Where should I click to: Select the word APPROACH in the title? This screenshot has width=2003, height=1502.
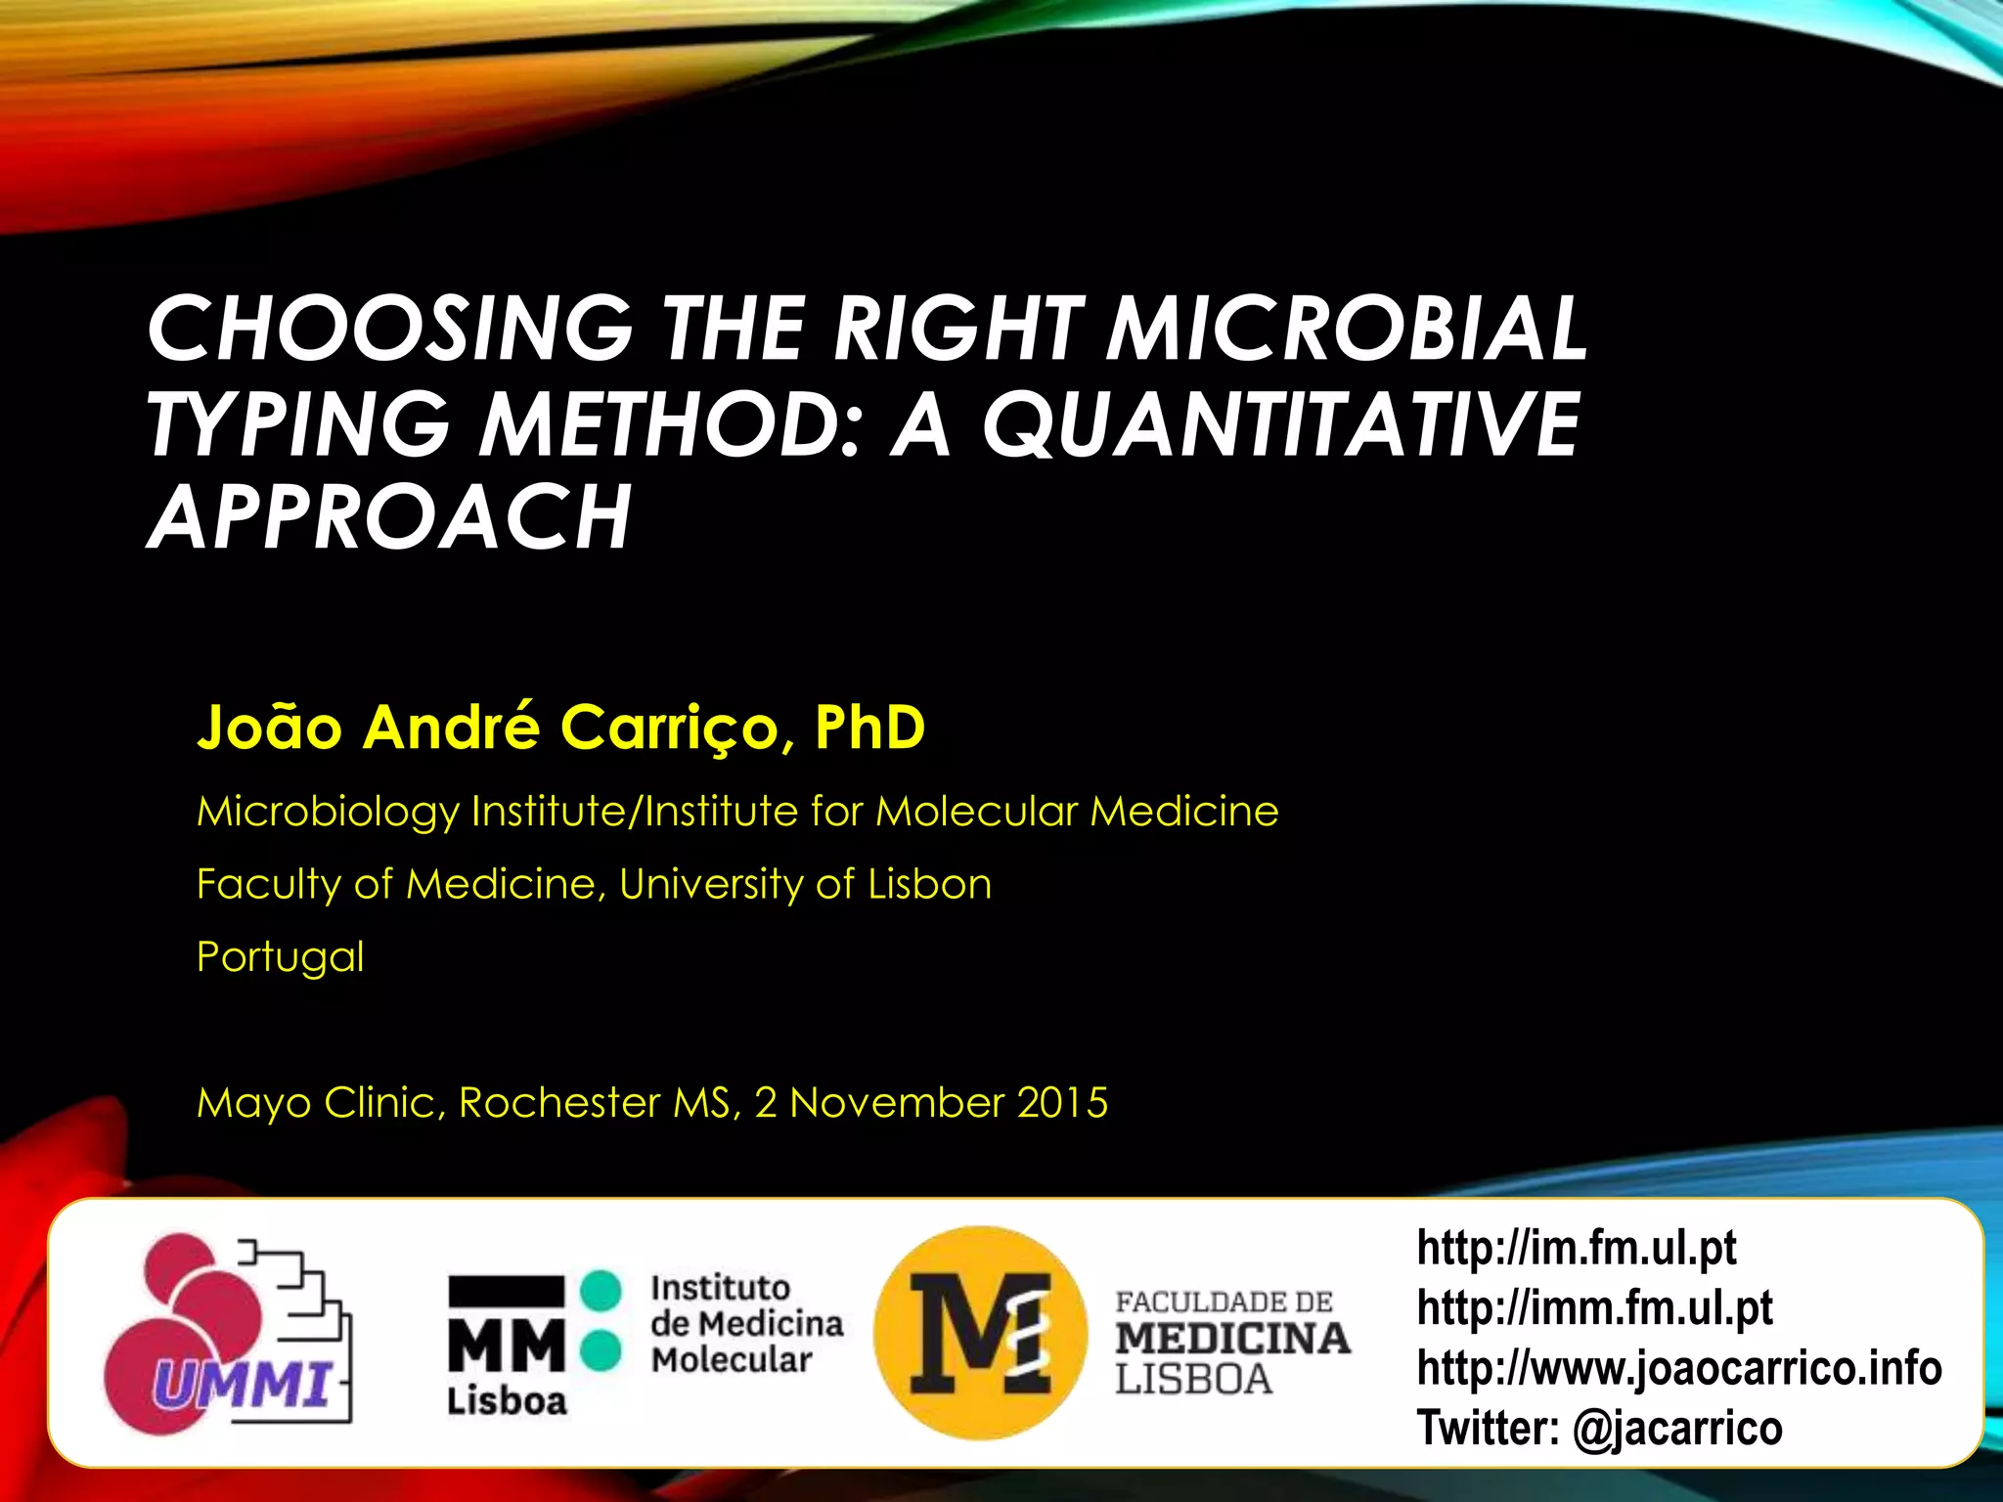tap(389, 517)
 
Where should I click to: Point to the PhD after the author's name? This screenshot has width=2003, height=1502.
tap(868, 727)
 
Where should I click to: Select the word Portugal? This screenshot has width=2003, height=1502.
tap(280, 957)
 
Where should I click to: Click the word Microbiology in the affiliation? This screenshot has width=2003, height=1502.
tap(327, 812)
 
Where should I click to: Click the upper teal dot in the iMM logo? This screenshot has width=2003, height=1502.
tap(601, 1290)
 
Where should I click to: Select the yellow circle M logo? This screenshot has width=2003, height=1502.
tap(980, 1333)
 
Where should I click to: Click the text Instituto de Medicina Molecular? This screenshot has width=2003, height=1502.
tap(745, 1324)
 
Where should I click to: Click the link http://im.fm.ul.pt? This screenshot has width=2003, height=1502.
tap(1576, 1249)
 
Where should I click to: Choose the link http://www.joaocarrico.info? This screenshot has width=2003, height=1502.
tap(1678, 1368)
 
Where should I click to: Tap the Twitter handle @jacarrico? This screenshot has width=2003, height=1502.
tap(1677, 1428)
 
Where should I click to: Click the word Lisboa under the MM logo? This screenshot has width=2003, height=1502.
tap(507, 1401)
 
